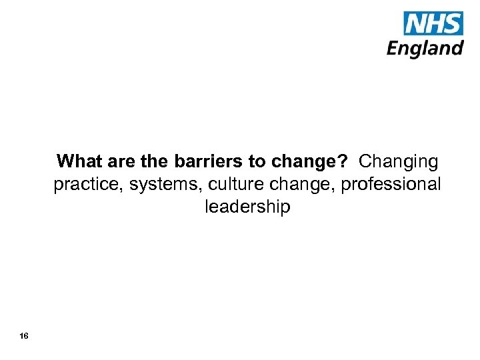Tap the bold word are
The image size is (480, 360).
(x=117, y=162)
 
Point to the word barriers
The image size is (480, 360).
(x=206, y=162)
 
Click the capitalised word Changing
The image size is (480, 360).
(x=399, y=162)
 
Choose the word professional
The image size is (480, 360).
(x=391, y=185)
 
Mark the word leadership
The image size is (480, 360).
(x=247, y=207)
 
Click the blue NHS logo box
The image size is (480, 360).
(x=433, y=24)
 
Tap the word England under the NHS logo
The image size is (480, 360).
(x=425, y=49)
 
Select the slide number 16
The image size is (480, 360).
(x=24, y=336)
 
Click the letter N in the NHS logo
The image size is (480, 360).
(x=415, y=24)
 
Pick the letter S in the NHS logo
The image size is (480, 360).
(x=453, y=24)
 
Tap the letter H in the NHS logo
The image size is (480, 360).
(x=435, y=24)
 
